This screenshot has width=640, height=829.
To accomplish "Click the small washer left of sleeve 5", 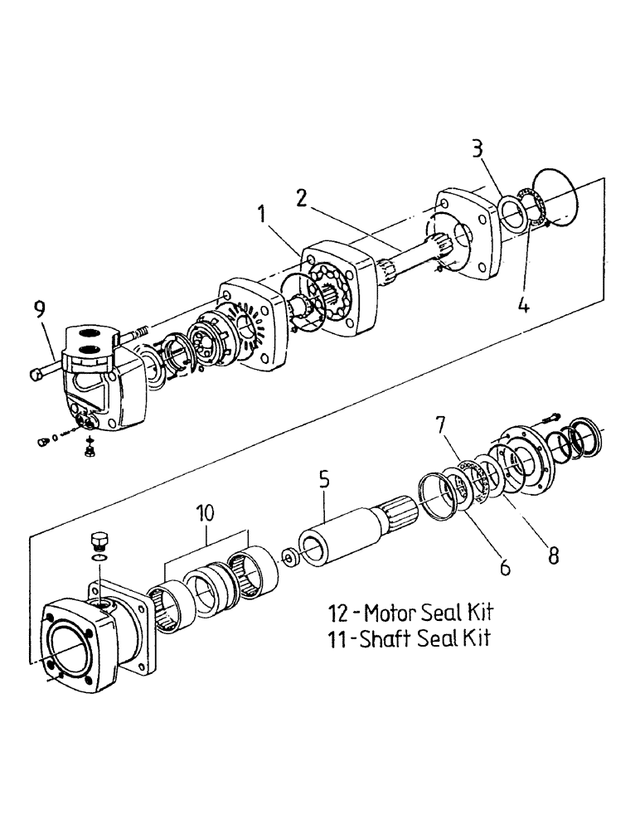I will pos(290,557).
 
